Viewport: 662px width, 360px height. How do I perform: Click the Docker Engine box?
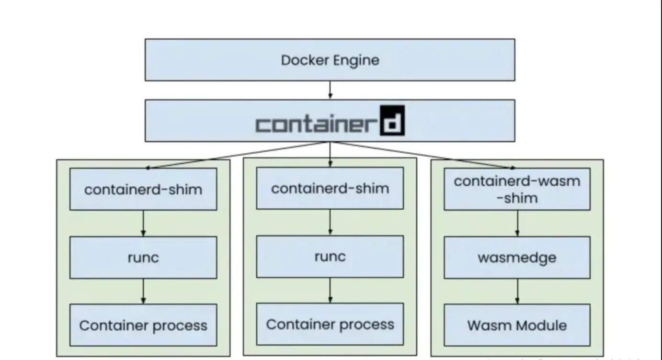pyautogui.click(x=330, y=60)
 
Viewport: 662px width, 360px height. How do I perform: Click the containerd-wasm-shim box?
pyautogui.click(x=517, y=189)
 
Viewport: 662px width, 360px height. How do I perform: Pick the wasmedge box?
pyautogui.click(x=517, y=258)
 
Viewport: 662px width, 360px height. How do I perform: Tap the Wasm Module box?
pyautogui.click(x=517, y=326)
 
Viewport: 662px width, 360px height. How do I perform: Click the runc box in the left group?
pyautogui.click(x=143, y=258)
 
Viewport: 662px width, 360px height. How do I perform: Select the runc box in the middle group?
pyautogui.click(x=330, y=257)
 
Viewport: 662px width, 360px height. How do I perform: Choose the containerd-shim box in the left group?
pyautogui.click(x=143, y=189)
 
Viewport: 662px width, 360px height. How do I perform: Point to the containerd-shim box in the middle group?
pyautogui.click(x=330, y=188)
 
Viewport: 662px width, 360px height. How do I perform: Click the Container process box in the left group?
pyautogui.click(x=143, y=326)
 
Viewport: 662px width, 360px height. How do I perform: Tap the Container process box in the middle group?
pyautogui.click(x=330, y=324)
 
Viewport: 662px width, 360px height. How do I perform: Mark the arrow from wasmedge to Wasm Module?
pyautogui.click(x=517, y=291)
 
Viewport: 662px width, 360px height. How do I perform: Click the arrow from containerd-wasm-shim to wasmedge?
pyautogui.click(x=517, y=223)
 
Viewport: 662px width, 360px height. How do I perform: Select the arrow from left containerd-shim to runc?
pyautogui.click(x=143, y=223)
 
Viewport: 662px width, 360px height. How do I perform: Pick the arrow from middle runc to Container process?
pyautogui.click(x=330, y=290)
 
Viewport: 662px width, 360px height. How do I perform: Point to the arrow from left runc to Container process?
pyautogui.click(x=143, y=291)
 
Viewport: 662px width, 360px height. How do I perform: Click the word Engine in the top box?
pyautogui.click(x=357, y=60)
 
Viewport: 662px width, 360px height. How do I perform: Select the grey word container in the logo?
pyautogui.click(x=314, y=124)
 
